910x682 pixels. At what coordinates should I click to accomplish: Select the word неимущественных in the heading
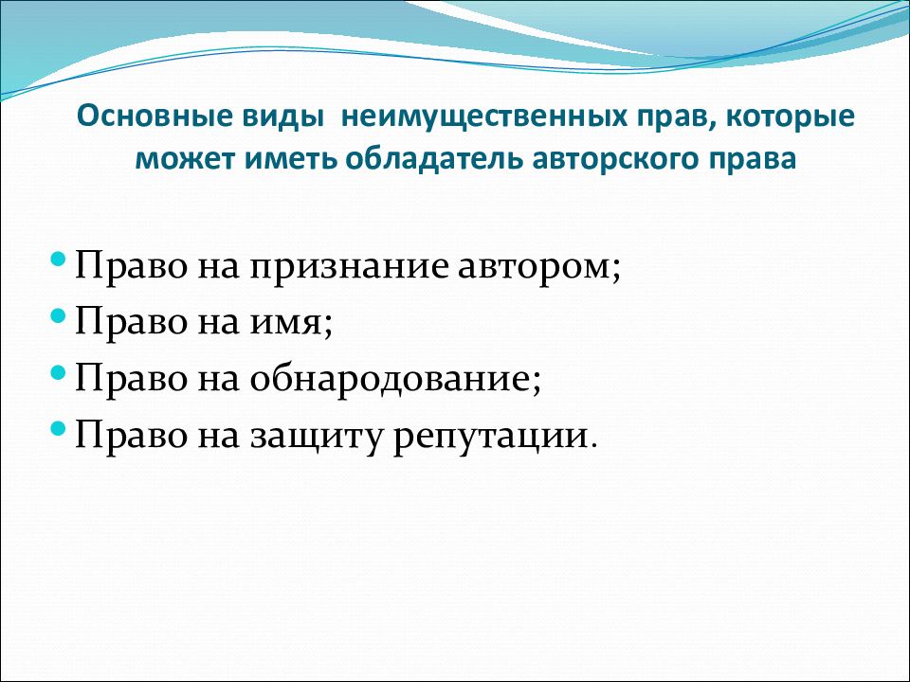pos(484,117)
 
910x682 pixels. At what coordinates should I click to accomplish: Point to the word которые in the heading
pos(791,117)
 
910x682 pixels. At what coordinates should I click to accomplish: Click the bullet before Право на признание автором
pos(58,258)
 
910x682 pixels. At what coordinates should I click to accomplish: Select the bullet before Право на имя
pos(58,314)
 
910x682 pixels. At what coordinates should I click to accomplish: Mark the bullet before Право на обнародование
pos(58,371)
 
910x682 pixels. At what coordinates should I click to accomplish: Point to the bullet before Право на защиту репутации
pos(58,428)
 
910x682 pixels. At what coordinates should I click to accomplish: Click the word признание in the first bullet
pos(350,269)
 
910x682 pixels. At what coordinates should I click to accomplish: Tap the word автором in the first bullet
pos(534,269)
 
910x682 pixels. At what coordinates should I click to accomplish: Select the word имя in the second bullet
pos(286,324)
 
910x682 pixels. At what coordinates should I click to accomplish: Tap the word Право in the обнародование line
pos(131,381)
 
